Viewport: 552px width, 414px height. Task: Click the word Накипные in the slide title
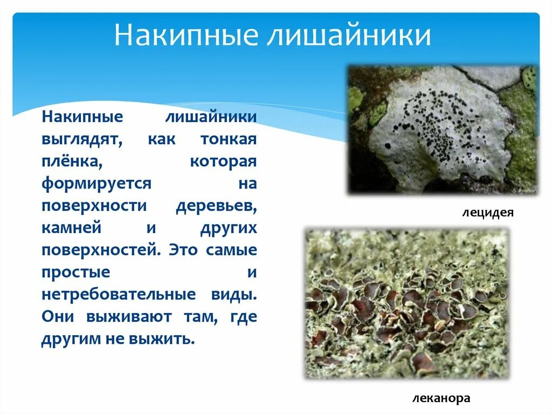(181, 36)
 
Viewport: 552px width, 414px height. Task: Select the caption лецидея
(487, 213)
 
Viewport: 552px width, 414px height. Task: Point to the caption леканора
(441, 398)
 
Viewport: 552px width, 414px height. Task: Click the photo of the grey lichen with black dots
(441, 130)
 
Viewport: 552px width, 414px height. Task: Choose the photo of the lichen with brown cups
(407, 303)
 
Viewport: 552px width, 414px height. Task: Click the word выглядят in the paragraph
(82, 139)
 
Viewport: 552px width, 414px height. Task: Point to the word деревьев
(216, 206)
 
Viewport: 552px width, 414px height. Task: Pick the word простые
(75, 272)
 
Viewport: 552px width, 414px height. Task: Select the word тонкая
(228, 139)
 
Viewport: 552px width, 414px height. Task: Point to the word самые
(232, 250)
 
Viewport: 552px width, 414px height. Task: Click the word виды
(238, 295)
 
